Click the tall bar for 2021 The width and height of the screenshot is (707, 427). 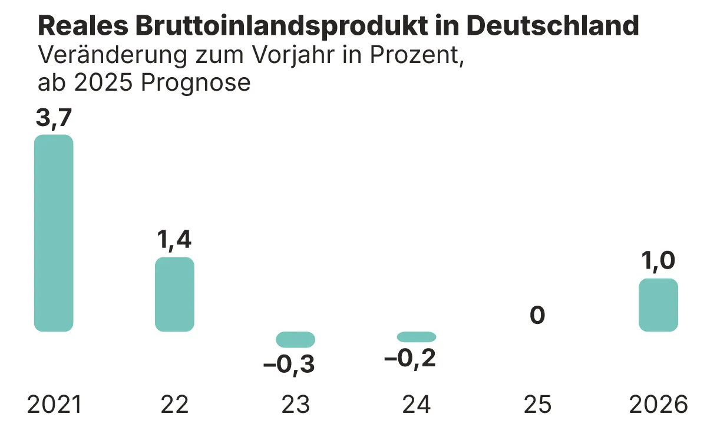54,233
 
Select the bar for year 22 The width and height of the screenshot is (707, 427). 174,294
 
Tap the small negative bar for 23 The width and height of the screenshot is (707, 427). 296,339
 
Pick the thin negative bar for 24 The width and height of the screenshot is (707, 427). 417,337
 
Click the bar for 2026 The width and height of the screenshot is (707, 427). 658,304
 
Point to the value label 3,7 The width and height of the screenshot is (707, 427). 54,119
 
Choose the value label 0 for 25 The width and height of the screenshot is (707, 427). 537,316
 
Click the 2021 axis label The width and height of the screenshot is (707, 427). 54,405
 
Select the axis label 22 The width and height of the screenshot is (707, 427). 174,405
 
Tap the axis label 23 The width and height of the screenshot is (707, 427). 296,405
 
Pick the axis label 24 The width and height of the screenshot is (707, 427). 417,405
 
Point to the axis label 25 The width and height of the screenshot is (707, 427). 537,405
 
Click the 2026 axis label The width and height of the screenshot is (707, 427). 658,405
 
